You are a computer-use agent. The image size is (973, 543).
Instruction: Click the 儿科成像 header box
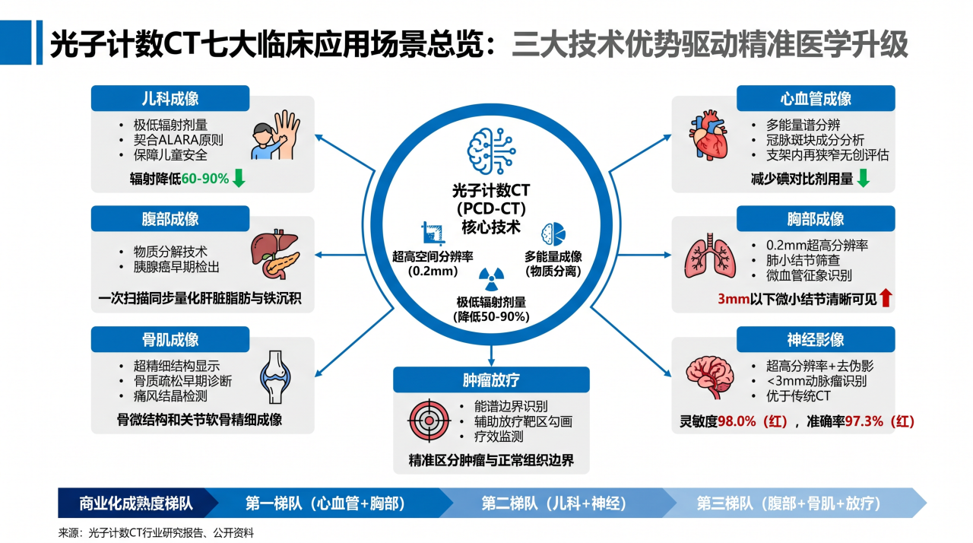tap(170, 98)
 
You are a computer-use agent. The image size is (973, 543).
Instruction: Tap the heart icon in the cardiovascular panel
tap(708, 135)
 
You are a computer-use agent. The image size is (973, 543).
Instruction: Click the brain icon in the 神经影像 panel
tap(710, 377)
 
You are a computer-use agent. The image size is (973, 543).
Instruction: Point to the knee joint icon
tap(275, 377)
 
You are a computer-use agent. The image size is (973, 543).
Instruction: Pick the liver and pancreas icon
tap(274, 254)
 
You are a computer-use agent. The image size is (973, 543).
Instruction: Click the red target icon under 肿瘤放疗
tap(429, 420)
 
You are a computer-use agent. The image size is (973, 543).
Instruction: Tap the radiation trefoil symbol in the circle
tap(491, 279)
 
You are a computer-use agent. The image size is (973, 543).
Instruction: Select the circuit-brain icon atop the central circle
tap(491, 151)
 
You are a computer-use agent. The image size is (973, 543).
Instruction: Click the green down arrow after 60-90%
tap(239, 178)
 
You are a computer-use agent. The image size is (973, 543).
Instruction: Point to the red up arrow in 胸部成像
tap(886, 298)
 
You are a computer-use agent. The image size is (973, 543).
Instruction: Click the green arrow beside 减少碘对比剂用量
tap(863, 178)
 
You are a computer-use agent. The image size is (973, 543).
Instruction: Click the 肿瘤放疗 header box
tap(491, 379)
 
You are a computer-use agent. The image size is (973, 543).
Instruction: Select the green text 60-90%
tap(205, 179)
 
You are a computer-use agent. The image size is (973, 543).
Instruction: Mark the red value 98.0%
tap(737, 421)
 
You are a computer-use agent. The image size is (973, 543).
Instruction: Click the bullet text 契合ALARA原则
tap(178, 140)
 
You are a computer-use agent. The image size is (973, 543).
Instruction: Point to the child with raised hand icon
tap(275, 135)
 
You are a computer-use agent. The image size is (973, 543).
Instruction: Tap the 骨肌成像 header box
tap(170, 339)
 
